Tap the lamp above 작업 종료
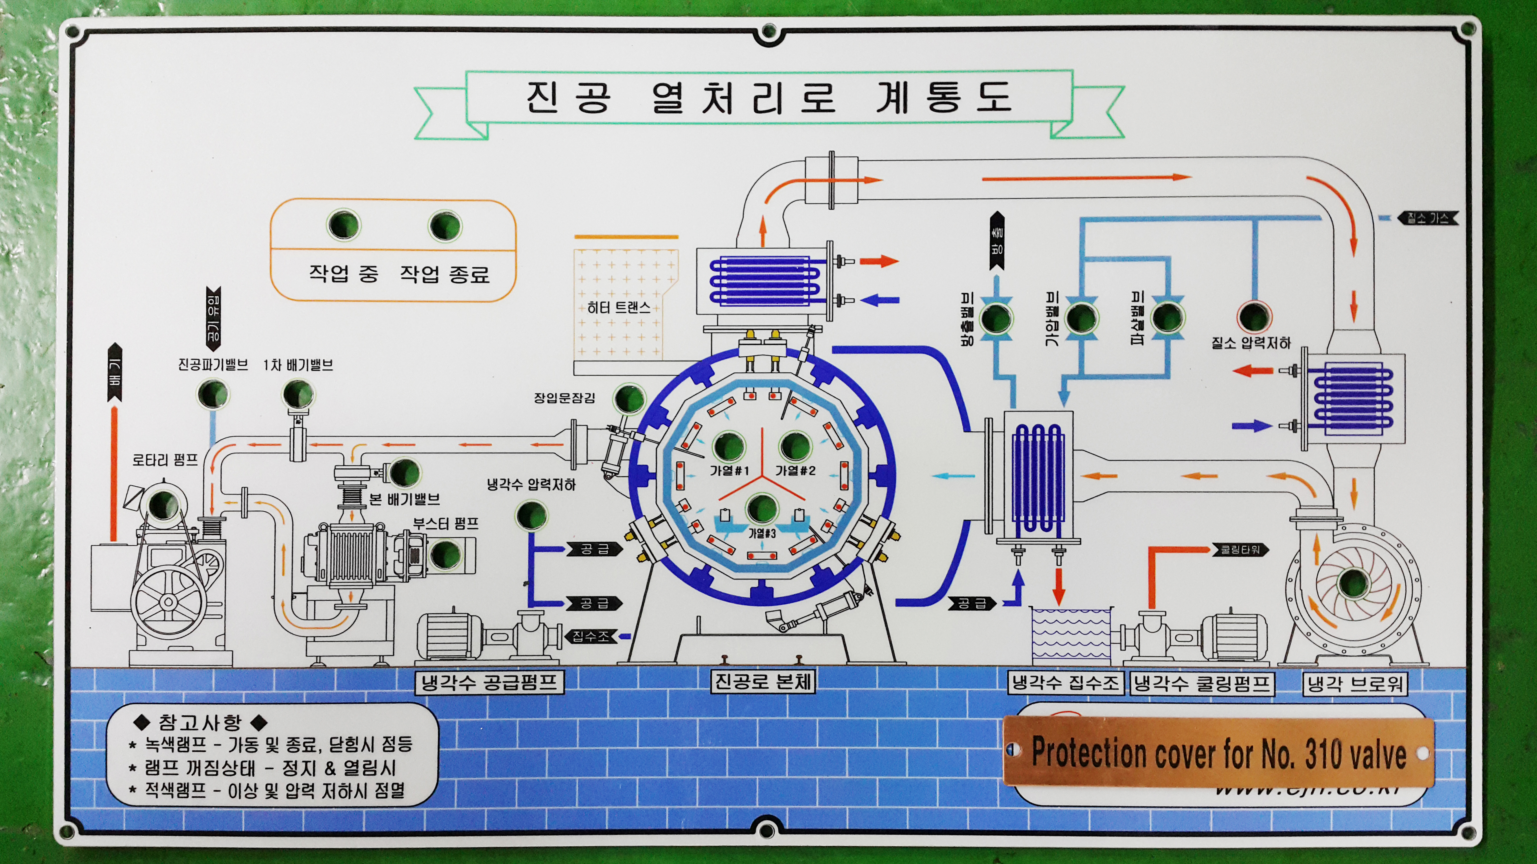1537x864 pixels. pos(444,225)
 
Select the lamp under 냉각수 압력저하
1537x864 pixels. pos(531,515)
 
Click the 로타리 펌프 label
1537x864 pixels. pos(165,460)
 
